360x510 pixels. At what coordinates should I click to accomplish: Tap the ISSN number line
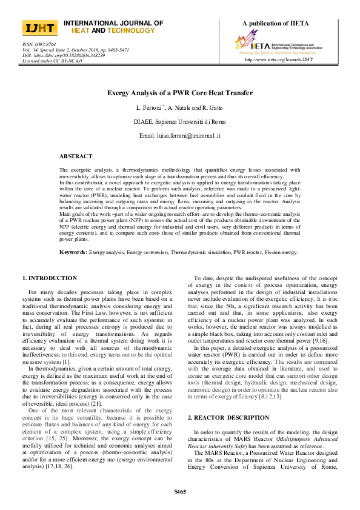click(x=39, y=44)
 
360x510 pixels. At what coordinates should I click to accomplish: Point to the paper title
click(x=180, y=93)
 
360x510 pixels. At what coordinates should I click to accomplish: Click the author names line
click(x=180, y=107)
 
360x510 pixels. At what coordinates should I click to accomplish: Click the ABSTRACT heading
click(x=76, y=156)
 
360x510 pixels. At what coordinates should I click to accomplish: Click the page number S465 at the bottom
click(x=180, y=491)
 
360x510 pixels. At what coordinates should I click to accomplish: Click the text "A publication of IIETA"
click(x=275, y=24)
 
